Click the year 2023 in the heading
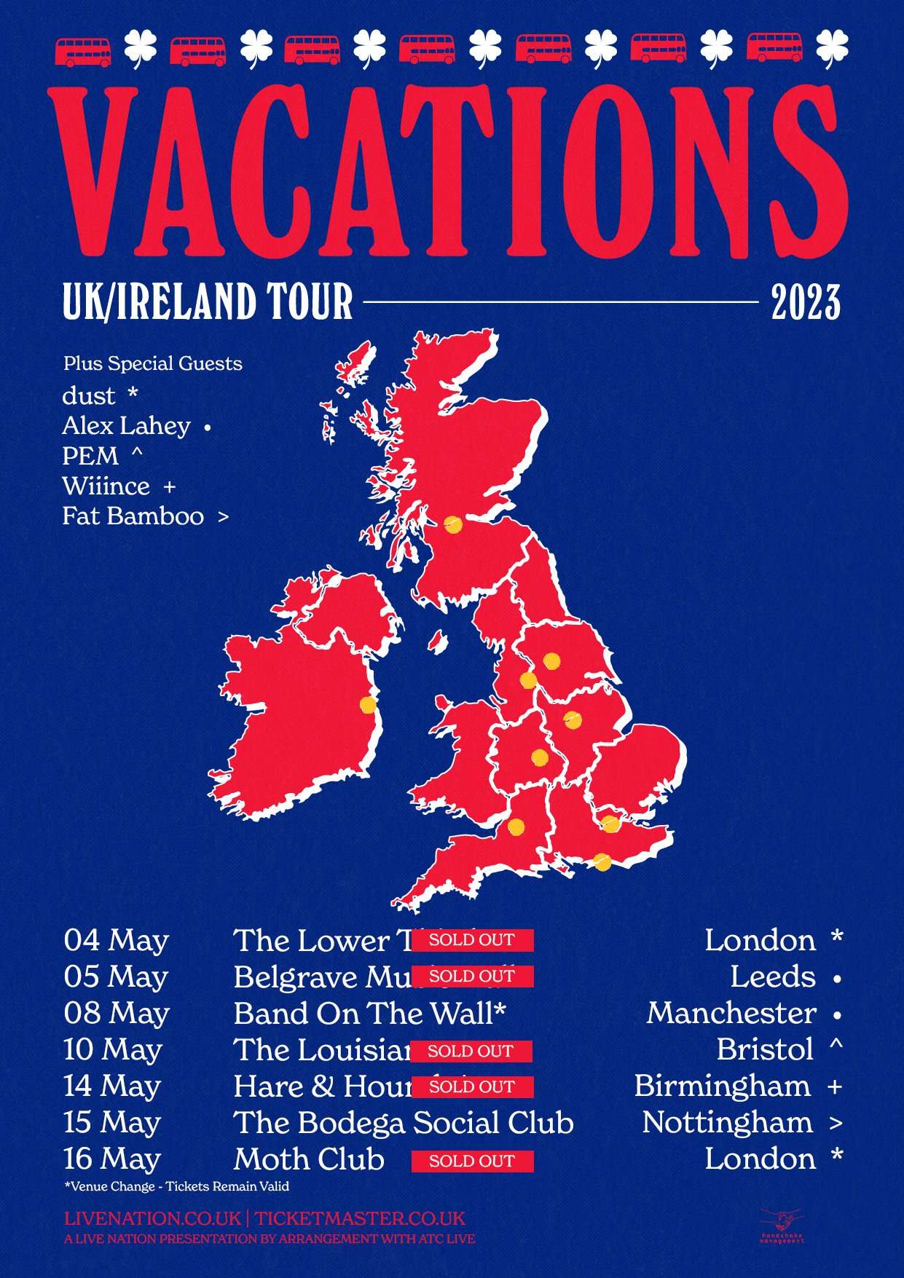(806, 302)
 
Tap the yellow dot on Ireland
(368, 705)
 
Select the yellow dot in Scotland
(453, 524)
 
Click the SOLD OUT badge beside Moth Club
(472, 1161)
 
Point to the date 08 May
(117, 1014)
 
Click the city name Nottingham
(727, 1123)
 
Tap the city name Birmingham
(722, 1086)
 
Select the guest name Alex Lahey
(126, 426)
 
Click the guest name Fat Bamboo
(133, 516)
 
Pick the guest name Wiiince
(106, 486)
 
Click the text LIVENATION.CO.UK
(152, 1218)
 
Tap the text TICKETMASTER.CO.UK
(360, 1218)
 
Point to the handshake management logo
(782, 1226)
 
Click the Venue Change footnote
(177, 1186)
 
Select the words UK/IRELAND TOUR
(208, 302)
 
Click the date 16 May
(112, 1159)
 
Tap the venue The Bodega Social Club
(404, 1123)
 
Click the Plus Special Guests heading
(152, 363)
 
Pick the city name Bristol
(765, 1050)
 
